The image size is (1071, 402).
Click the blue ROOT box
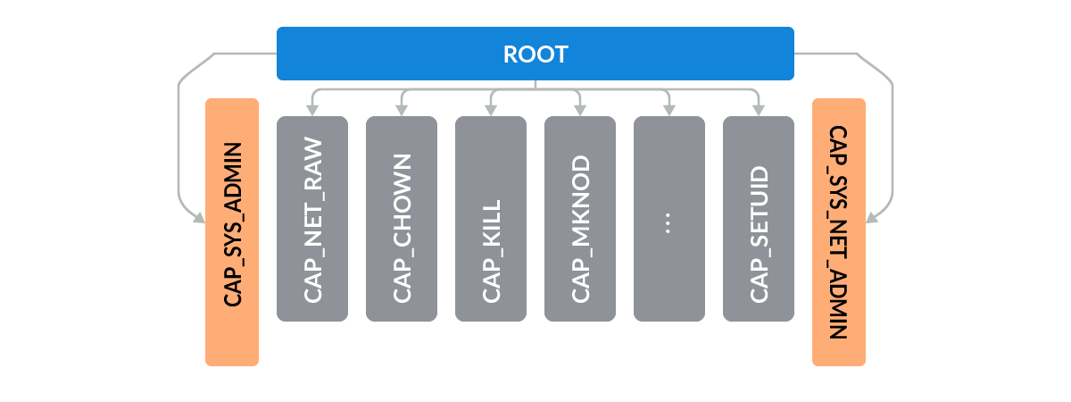(x=402, y=54)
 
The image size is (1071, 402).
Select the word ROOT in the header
(x=535, y=54)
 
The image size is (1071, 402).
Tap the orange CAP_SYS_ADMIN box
(x=232, y=232)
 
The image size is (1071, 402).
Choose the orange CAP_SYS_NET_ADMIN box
(x=839, y=232)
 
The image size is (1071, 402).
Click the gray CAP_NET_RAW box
(x=312, y=219)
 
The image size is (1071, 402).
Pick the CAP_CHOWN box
(x=402, y=219)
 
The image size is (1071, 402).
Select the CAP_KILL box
(x=491, y=219)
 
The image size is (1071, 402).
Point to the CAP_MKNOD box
(x=580, y=219)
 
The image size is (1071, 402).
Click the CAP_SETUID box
(x=759, y=219)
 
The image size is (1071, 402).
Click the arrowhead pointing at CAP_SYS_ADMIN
(x=198, y=216)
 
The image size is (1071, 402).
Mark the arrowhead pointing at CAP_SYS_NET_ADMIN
(x=873, y=216)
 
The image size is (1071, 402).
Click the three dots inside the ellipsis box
(x=669, y=224)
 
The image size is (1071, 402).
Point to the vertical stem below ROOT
(x=535, y=85)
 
